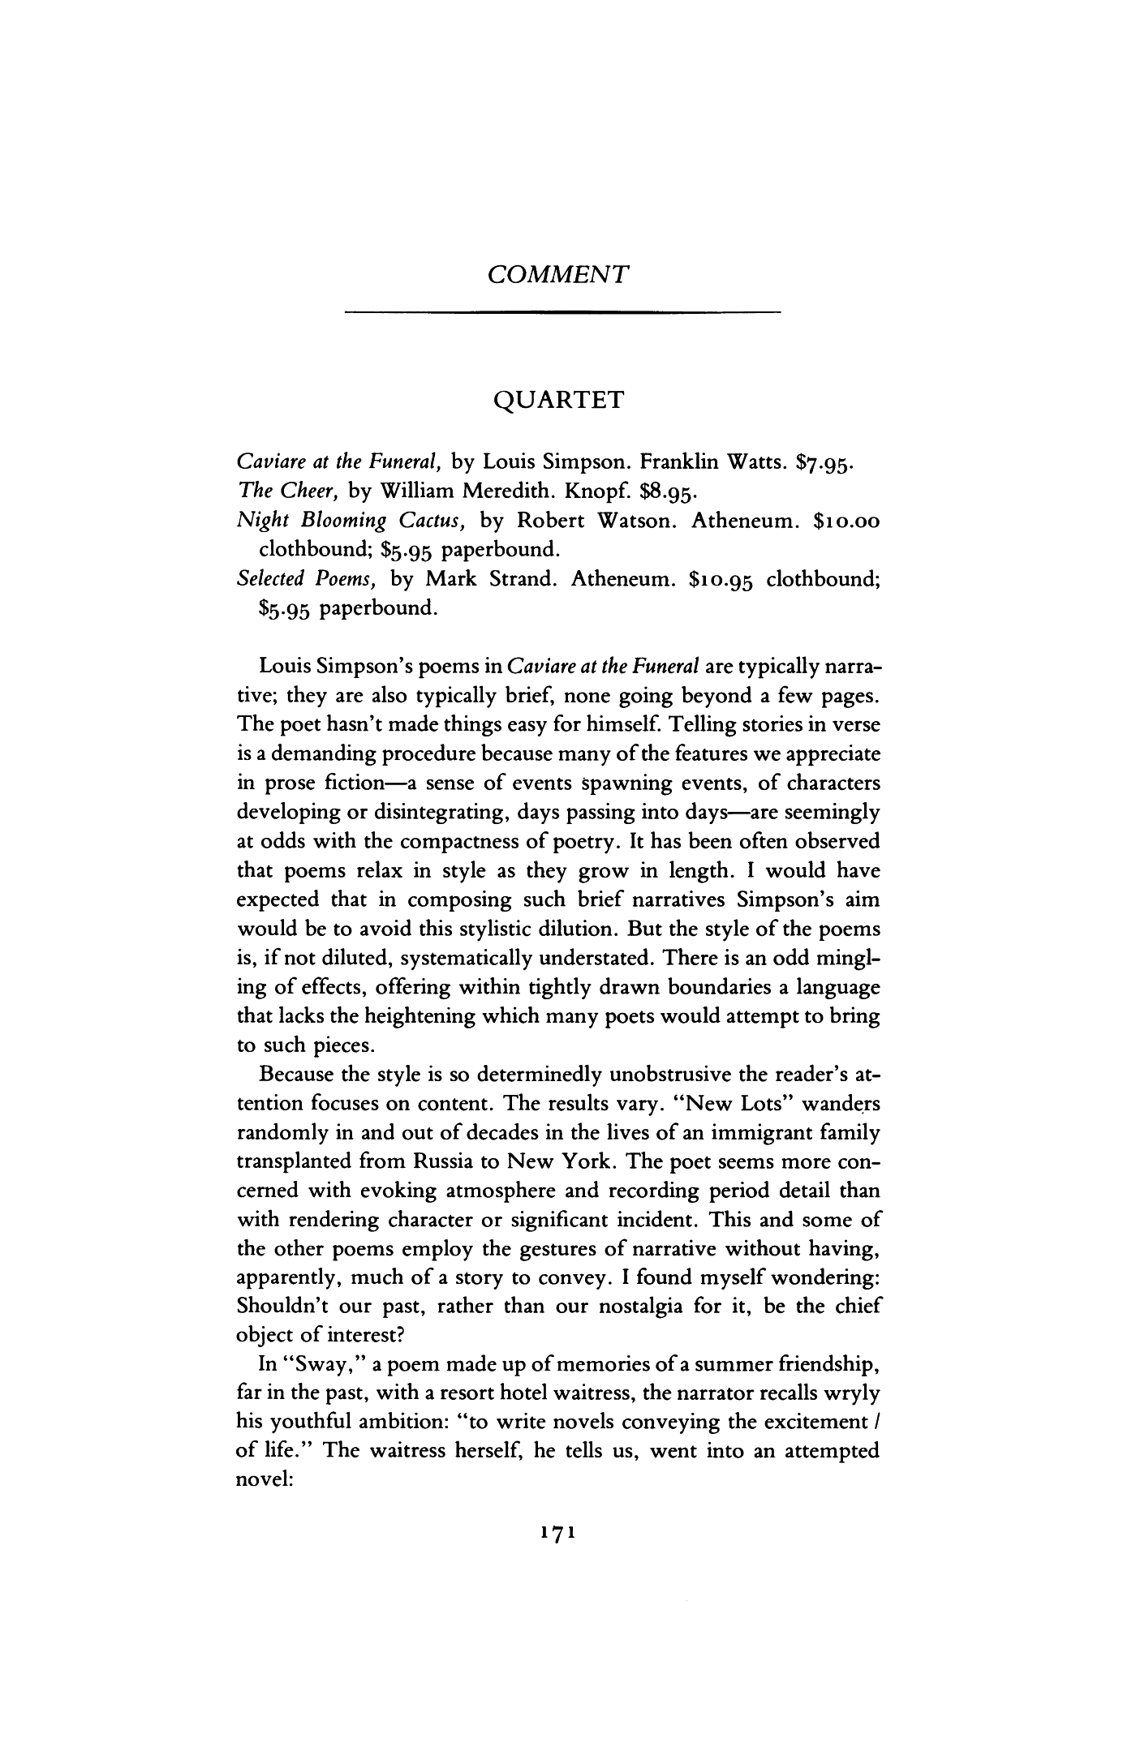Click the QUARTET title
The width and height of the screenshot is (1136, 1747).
pyautogui.click(x=559, y=400)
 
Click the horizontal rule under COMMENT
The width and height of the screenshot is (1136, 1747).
pyautogui.click(x=562, y=311)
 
